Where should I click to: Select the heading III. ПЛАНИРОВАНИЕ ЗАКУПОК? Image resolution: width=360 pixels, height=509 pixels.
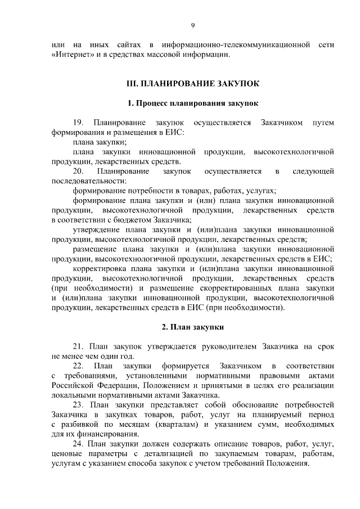(x=192, y=84)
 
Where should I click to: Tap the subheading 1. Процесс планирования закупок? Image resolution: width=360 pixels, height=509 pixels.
(x=192, y=103)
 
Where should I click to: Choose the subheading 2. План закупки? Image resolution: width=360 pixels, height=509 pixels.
(x=192, y=327)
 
